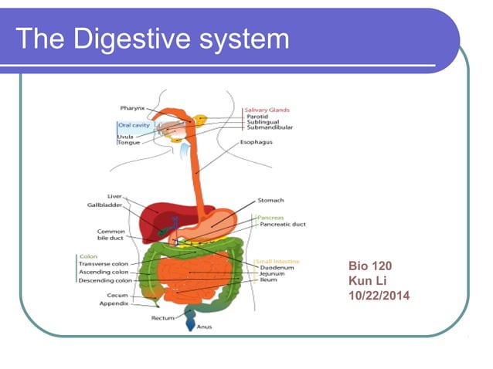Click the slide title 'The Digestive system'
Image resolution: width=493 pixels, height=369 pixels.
[152, 38]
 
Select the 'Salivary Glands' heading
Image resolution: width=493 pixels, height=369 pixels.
[267, 110]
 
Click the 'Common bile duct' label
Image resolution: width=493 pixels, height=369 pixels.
[111, 235]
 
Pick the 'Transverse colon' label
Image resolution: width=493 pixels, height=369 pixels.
[104, 263]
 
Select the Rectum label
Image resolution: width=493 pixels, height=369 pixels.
[162, 318]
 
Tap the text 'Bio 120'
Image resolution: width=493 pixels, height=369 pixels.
[370, 266]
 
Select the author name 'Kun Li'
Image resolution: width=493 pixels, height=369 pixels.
[365, 280]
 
